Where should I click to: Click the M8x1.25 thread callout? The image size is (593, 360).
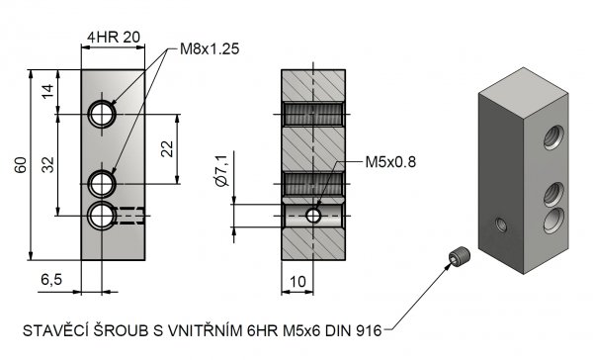pos(210,48)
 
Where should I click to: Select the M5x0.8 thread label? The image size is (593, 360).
pos(390,162)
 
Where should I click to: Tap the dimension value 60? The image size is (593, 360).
pos(21,164)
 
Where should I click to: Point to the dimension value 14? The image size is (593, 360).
pos(48,91)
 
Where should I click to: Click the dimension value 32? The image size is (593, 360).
pos(48,164)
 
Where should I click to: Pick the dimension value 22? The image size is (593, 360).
pos(167,148)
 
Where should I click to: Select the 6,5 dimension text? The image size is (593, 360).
pos(51,280)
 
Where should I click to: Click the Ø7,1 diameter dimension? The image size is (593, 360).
pos(222,170)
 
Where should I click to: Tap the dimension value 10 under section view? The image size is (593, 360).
pos(297,282)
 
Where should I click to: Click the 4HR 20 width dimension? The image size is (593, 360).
pos(114,38)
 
